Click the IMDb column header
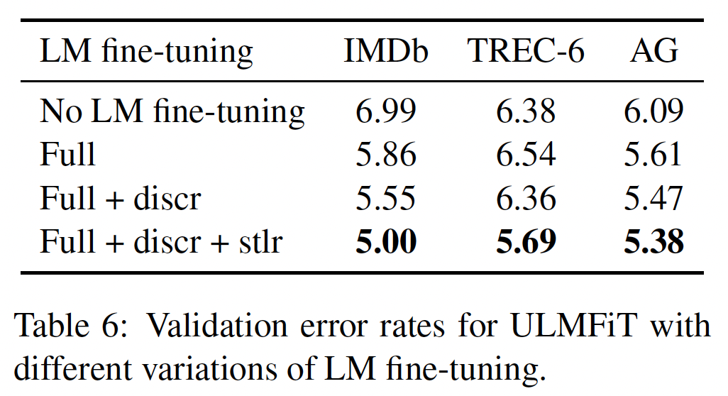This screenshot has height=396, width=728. click(x=386, y=53)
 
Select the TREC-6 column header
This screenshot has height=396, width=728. click(x=526, y=53)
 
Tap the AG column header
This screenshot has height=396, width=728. click(x=653, y=53)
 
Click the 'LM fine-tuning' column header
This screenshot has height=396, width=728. click(x=146, y=53)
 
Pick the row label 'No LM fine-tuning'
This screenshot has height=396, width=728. click(x=172, y=112)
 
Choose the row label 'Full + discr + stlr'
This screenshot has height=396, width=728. click(x=161, y=242)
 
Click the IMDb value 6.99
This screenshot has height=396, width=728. click(x=386, y=112)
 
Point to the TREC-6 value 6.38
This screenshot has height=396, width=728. click(x=526, y=112)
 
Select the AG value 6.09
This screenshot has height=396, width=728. click(x=653, y=112)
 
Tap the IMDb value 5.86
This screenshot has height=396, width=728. click(x=386, y=155)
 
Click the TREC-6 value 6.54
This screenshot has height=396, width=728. click(x=526, y=155)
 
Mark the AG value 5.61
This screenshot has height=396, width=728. click(x=653, y=155)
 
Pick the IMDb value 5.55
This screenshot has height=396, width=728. click(x=386, y=199)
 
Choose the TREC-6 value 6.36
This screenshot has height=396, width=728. click(x=526, y=199)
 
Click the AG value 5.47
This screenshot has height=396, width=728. click(x=653, y=199)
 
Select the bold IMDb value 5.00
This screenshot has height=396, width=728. click(x=386, y=242)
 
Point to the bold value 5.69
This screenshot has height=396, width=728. click(x=526, y=242)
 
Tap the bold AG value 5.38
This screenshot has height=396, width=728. click(x=653, y=242)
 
